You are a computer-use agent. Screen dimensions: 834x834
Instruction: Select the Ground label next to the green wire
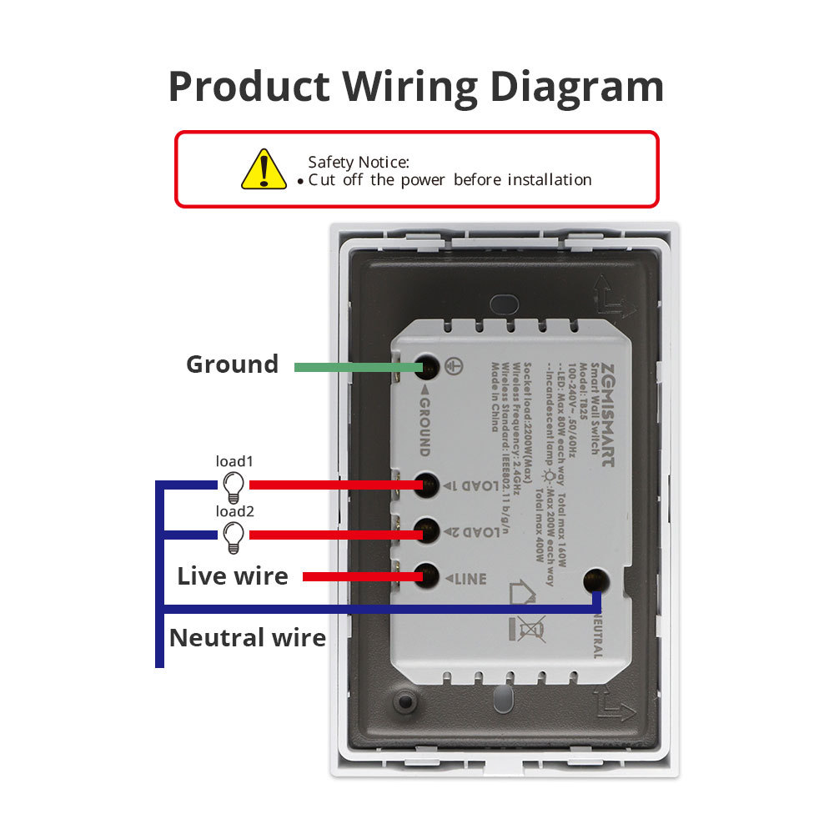tap(232, 364)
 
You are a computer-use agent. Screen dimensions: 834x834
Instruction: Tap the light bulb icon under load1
tap(234, 485)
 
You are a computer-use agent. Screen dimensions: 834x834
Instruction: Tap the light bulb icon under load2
tap(234, 535)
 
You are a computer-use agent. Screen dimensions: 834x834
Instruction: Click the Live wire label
tap(233, 576)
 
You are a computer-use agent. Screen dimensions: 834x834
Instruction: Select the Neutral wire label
tap(248, 638)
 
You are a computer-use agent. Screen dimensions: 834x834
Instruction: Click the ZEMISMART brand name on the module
tap(608, 412)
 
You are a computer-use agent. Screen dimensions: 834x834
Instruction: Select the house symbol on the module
tap(521, 594)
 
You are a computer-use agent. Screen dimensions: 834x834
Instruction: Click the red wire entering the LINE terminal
tap(359, 576)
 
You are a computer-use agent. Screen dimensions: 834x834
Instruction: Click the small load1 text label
tap(234, 461)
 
